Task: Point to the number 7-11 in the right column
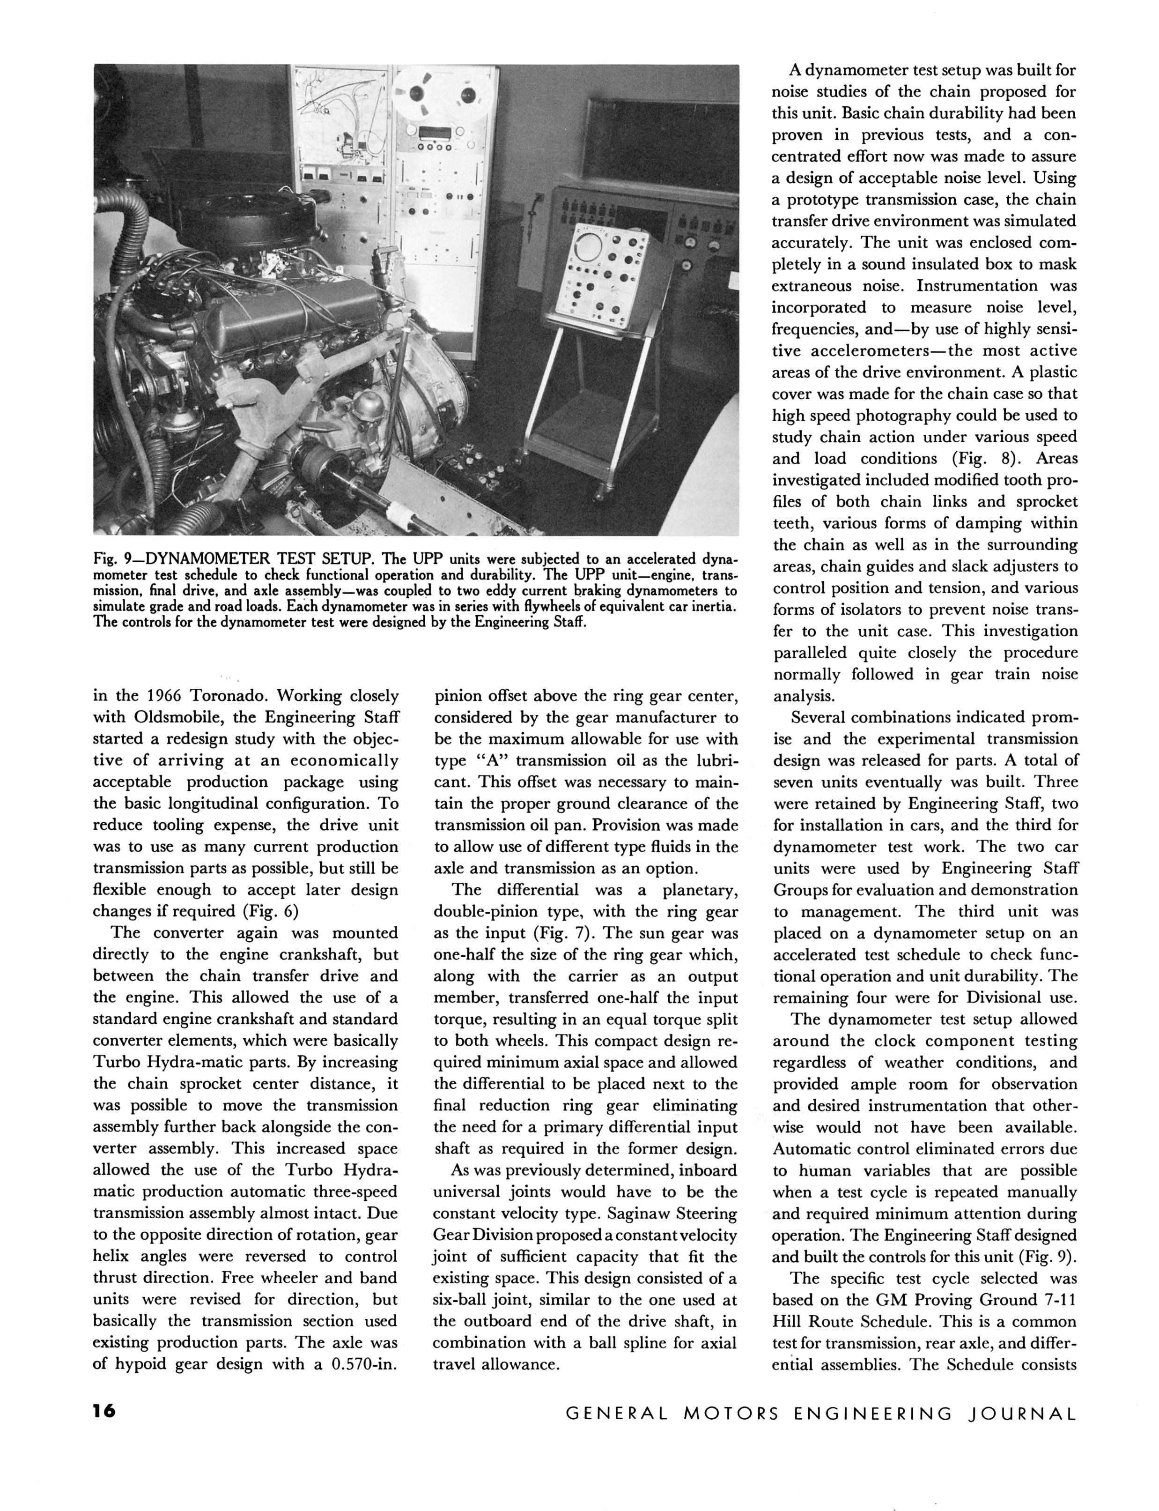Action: [x=1057, y=1300]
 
